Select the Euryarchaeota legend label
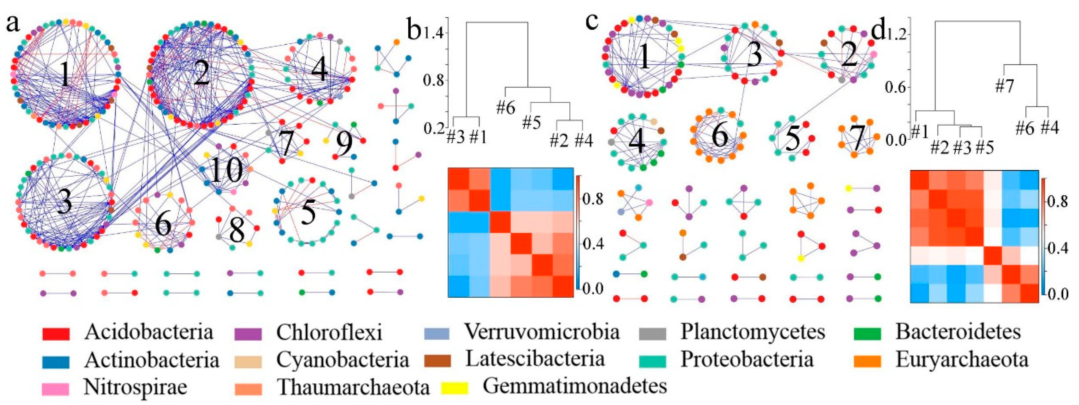962,360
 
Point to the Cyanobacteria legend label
342,360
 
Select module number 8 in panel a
237,231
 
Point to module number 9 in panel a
344,144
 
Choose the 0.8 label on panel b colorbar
592,198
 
